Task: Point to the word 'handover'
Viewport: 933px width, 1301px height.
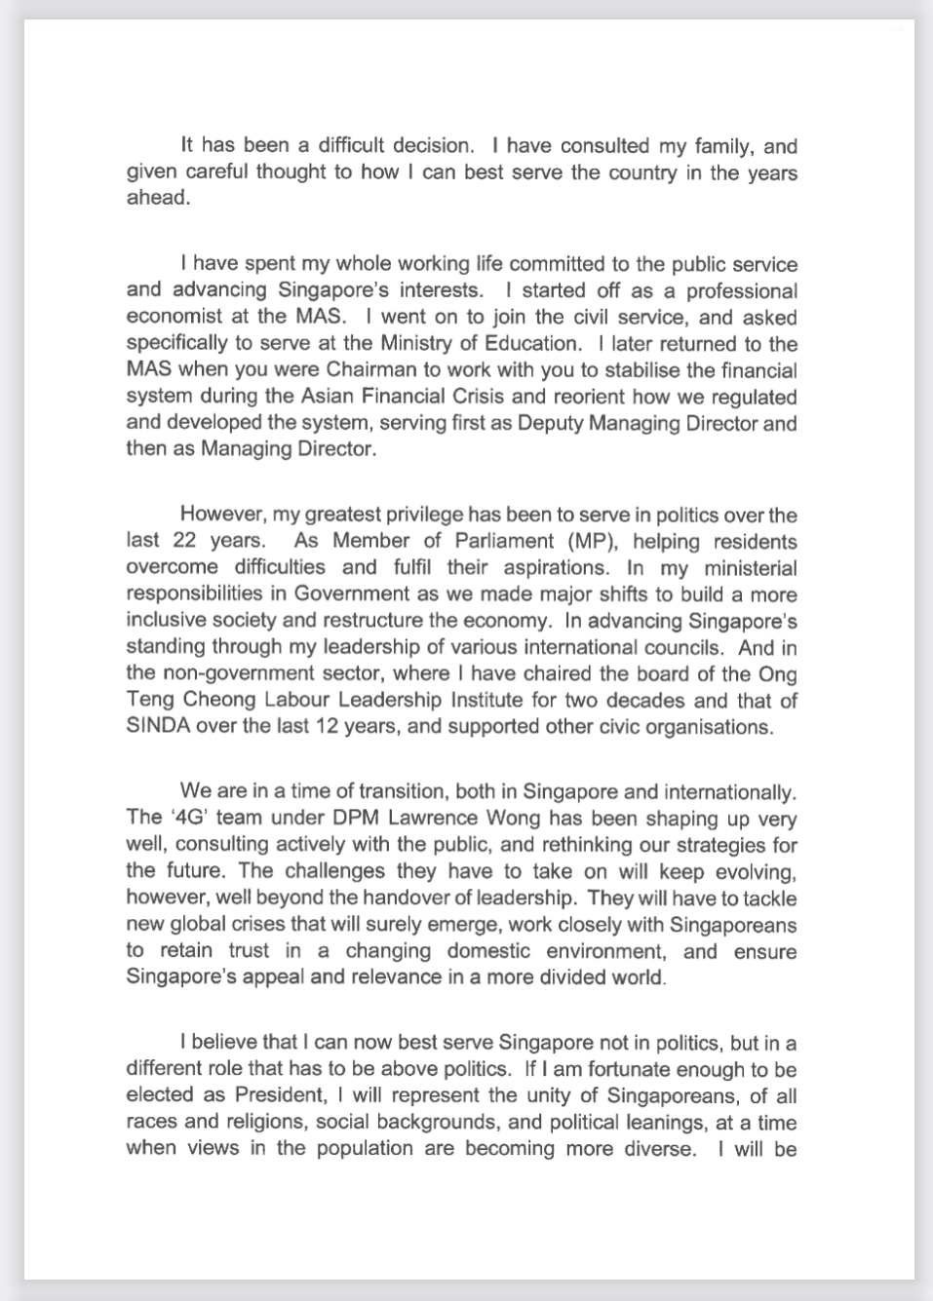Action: tap(428, 899)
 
